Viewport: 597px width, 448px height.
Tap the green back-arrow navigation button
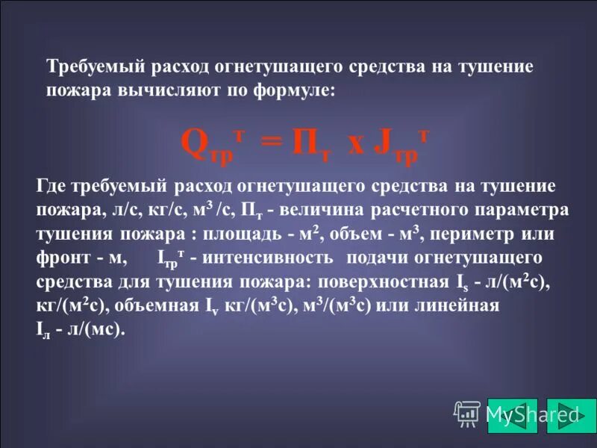tap(512, 416)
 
